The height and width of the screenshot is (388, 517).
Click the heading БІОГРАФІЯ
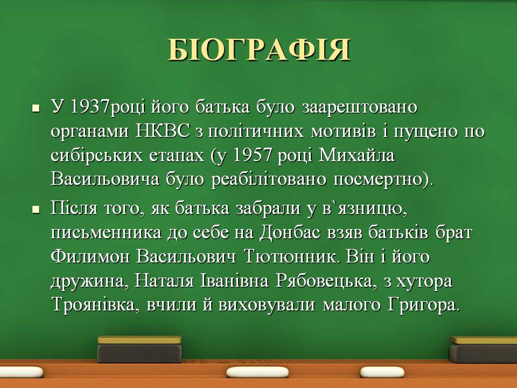259,50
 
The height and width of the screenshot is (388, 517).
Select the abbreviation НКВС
163,131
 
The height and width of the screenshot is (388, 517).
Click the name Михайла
357,155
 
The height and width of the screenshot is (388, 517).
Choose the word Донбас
289,232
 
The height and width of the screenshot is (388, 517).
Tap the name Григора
423,304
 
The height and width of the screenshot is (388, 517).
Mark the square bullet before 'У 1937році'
36,108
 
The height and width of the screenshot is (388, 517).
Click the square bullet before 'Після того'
36,210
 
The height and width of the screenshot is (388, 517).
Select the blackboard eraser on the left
139,349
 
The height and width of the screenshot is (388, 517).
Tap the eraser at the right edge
484,349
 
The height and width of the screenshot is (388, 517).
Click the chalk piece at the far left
21,372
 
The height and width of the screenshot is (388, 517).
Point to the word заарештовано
360,107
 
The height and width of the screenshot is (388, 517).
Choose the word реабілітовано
268,179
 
